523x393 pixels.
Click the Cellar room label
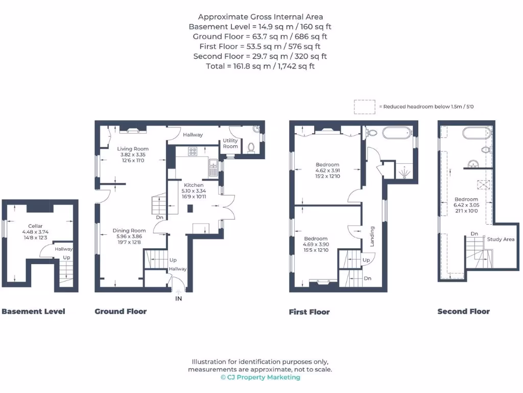click(x=35, y=226)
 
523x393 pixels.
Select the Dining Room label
click(x=129, y=231)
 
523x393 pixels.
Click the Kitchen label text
click(x=194, y=185)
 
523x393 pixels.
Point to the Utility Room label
click(x=230, y=143)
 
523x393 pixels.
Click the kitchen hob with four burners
click(x=194, y=151)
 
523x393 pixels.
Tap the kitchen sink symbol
click(x=212, y=165)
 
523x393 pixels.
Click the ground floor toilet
click(x=251, y=148)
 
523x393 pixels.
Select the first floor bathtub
click(x=396, y=134)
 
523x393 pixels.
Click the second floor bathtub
click(x=476, y=134)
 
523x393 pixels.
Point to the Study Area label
click(x=501, y=239)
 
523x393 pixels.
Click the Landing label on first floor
click(x=372, y=236)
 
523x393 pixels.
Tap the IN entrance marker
click(x=179, y=298)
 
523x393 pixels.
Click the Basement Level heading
click(x=33, y=311)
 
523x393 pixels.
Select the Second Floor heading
click(x=463, y=311)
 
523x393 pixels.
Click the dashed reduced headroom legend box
click(x=364, y=106)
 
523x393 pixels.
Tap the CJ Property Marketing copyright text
click(x=260, y=377)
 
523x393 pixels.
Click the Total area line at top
click(x=260, y=66)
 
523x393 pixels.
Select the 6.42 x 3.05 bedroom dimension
click(x=466, y=205)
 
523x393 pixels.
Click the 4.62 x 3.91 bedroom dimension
click(x=327, y=170)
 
